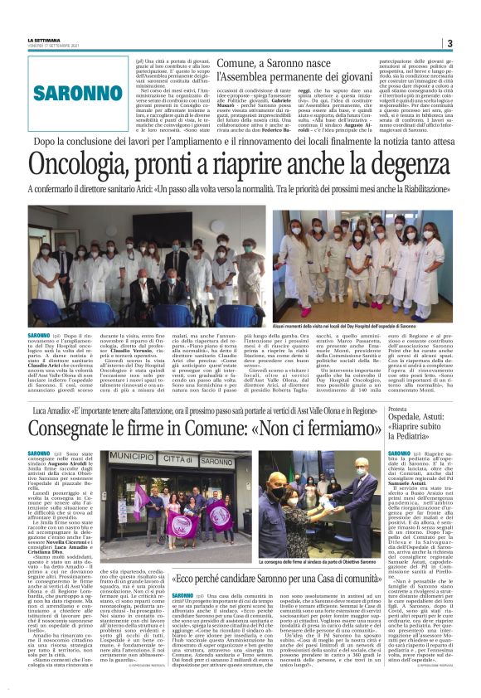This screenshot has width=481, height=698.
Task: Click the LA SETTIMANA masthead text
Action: tap(44, 40)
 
